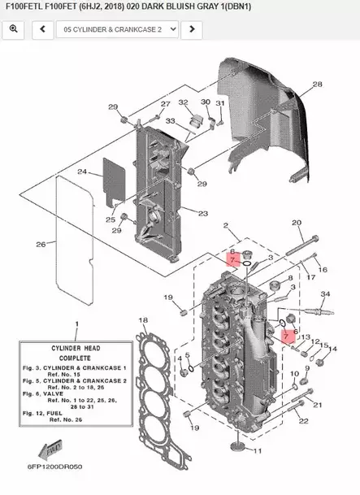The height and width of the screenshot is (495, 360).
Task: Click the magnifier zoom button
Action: click(14, 29)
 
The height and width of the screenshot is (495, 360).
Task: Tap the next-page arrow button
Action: click(190, 29)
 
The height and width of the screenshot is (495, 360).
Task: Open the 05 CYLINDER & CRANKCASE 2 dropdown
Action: click(116, 29)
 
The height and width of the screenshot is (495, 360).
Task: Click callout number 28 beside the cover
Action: click(317, 85)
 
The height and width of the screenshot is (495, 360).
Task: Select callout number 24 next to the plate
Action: click(82, 172)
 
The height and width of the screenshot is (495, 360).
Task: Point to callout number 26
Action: click(41, 244)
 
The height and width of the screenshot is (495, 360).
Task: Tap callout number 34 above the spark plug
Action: click(324, 293)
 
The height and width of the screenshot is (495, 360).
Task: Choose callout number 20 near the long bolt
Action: click(297, 222)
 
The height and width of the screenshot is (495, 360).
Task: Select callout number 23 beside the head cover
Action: click(202, 213)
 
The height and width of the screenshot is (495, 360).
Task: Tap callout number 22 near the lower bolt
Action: click(303, 421)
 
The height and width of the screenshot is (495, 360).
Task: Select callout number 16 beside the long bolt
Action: click(323, 269)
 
